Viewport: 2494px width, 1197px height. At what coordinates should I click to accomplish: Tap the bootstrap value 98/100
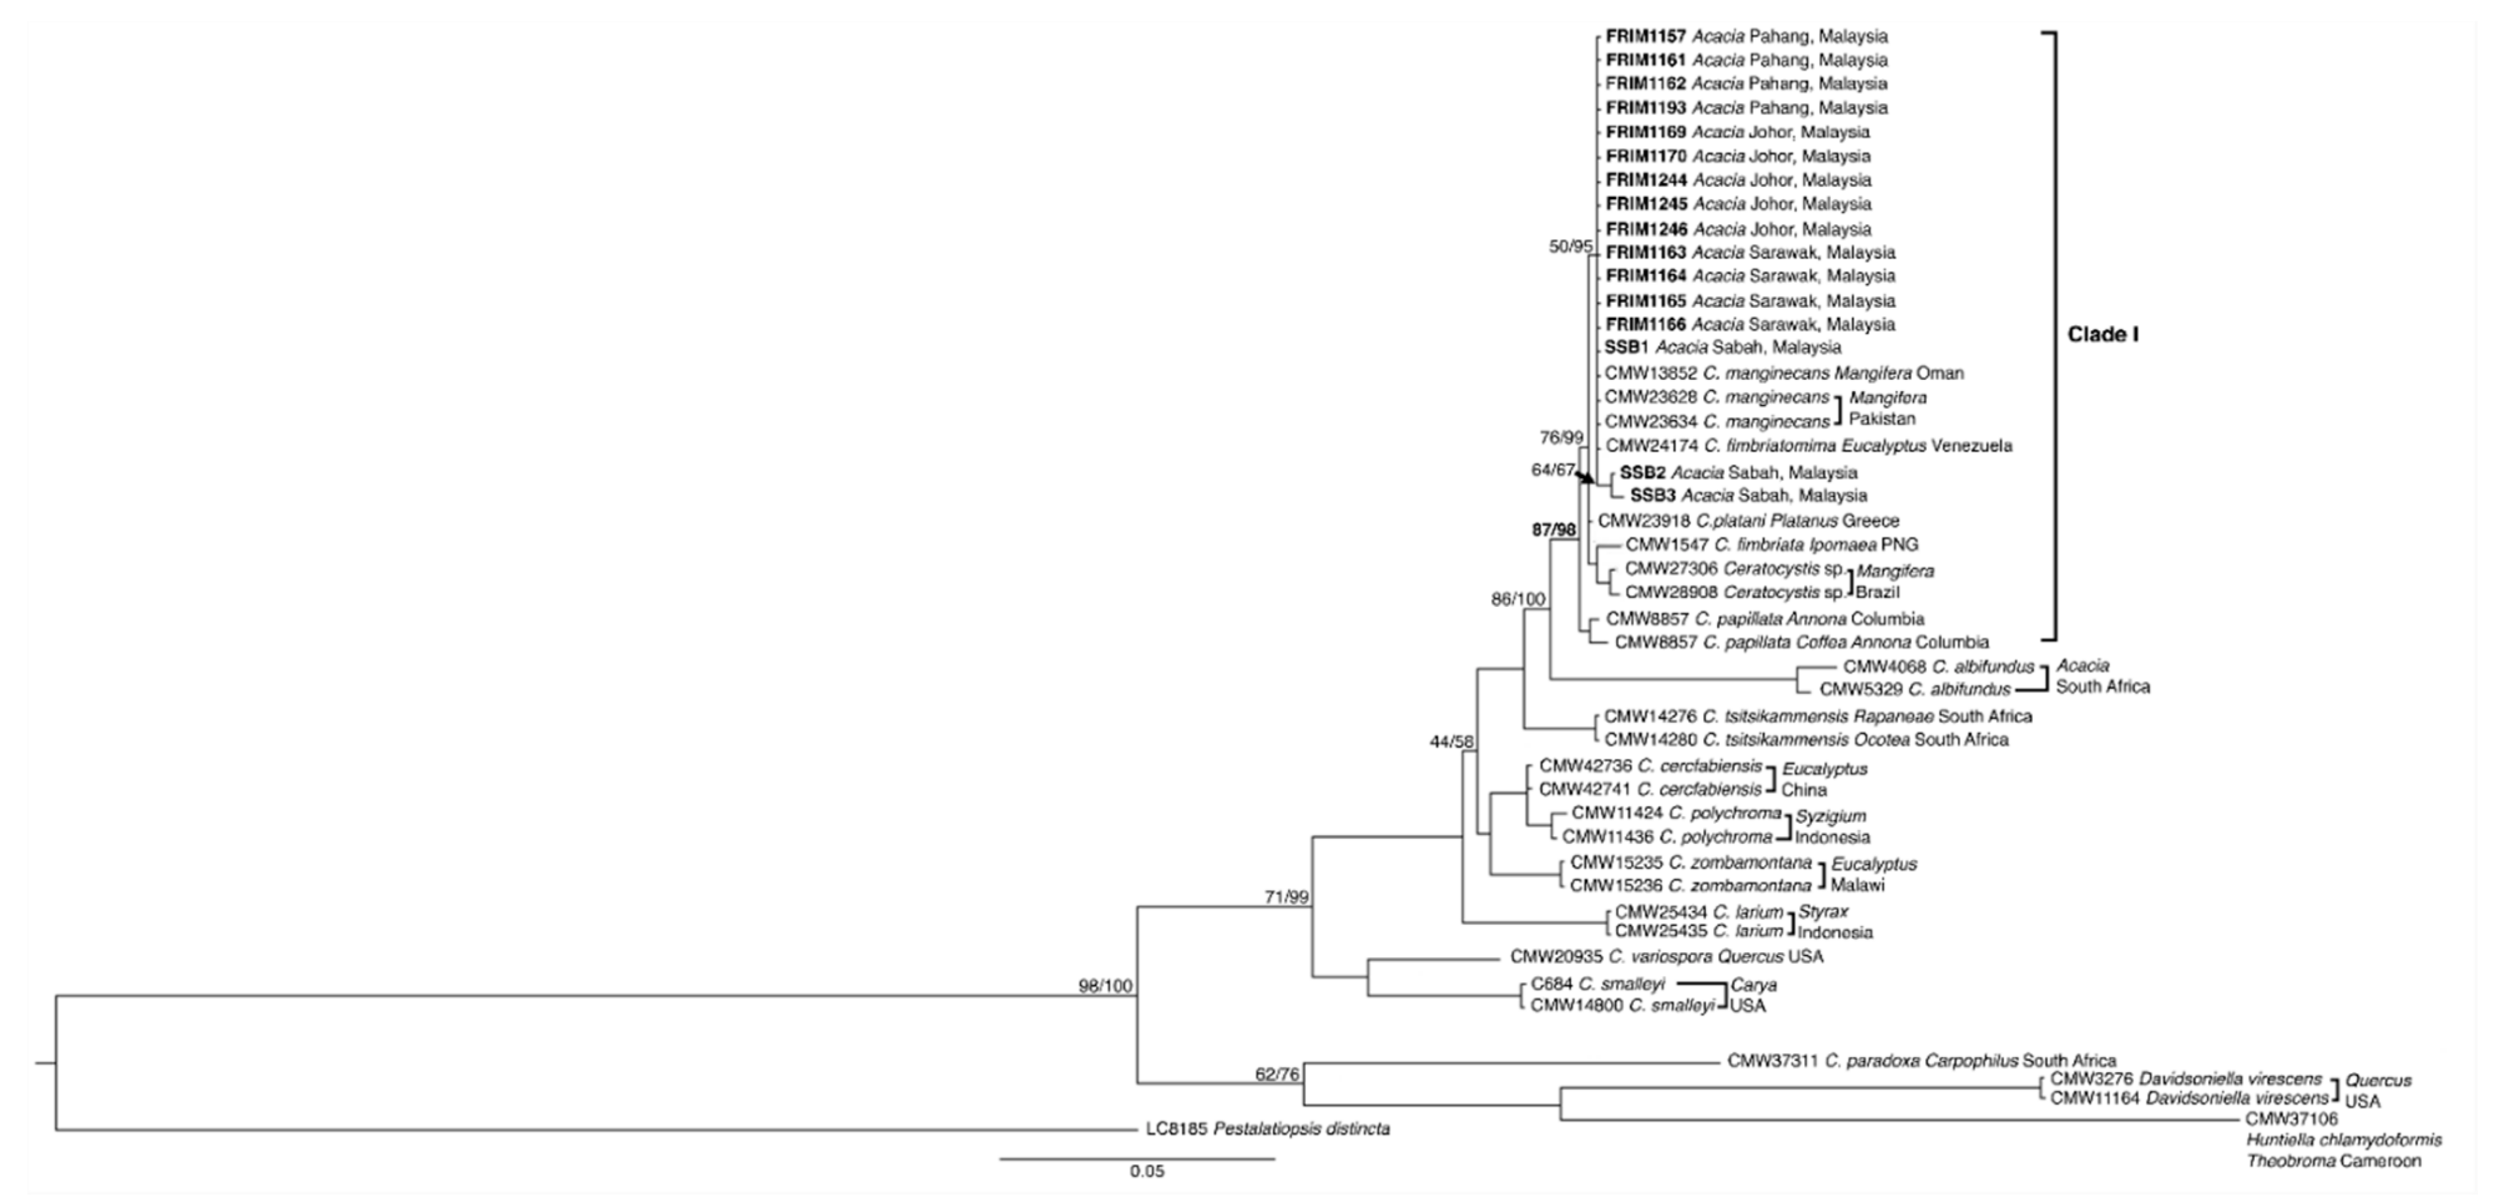point(1105,987)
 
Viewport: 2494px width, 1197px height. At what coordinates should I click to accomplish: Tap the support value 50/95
point(1569,247)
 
